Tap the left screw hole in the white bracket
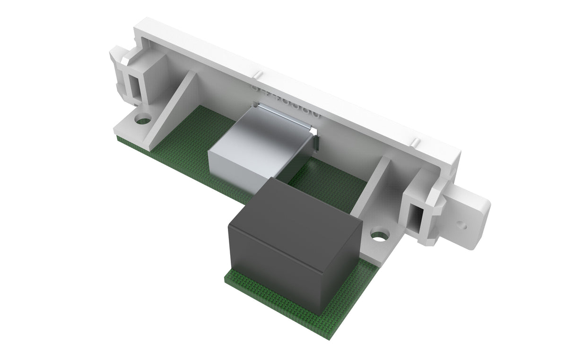pyautogui.click(x=143, y=118)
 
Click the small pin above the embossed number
pyautogui.click(x=258, y=74)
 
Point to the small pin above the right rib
pyautogui.click(x=415, y=142)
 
